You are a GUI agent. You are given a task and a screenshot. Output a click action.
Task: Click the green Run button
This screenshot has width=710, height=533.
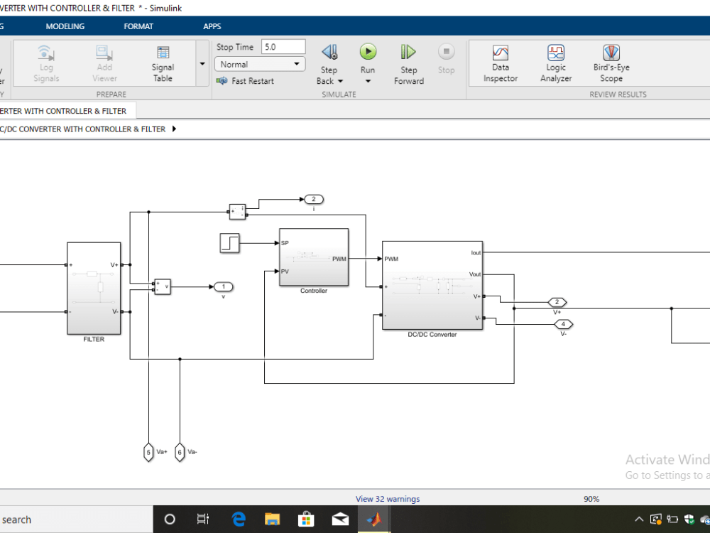(368, 52)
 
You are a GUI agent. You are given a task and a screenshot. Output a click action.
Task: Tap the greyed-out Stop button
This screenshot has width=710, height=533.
(446, 52)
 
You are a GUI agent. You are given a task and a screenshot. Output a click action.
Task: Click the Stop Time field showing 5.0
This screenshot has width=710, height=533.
(283, 47)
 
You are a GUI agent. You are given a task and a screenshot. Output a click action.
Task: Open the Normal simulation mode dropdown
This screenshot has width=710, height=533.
(259, 64)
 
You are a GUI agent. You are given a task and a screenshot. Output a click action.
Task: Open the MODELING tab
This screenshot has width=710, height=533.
(65, 26)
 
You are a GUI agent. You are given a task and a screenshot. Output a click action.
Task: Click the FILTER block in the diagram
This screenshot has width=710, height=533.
(94, 288)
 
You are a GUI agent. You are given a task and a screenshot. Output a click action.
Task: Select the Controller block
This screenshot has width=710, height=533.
(313, 257)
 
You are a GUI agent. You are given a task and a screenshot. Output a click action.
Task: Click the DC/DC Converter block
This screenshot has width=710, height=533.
(432, 285)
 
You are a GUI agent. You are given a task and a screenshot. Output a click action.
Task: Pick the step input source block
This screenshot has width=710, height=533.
(230, 243)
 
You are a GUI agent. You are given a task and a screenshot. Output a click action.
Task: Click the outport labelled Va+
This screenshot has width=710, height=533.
(148, 452)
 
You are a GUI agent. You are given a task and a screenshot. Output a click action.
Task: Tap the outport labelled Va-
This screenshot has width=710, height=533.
(180, 452)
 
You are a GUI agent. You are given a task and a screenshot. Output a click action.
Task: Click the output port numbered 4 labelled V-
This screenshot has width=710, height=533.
(563, 325)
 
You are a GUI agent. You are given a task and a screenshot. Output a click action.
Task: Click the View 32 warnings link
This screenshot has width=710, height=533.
(388, 499)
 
